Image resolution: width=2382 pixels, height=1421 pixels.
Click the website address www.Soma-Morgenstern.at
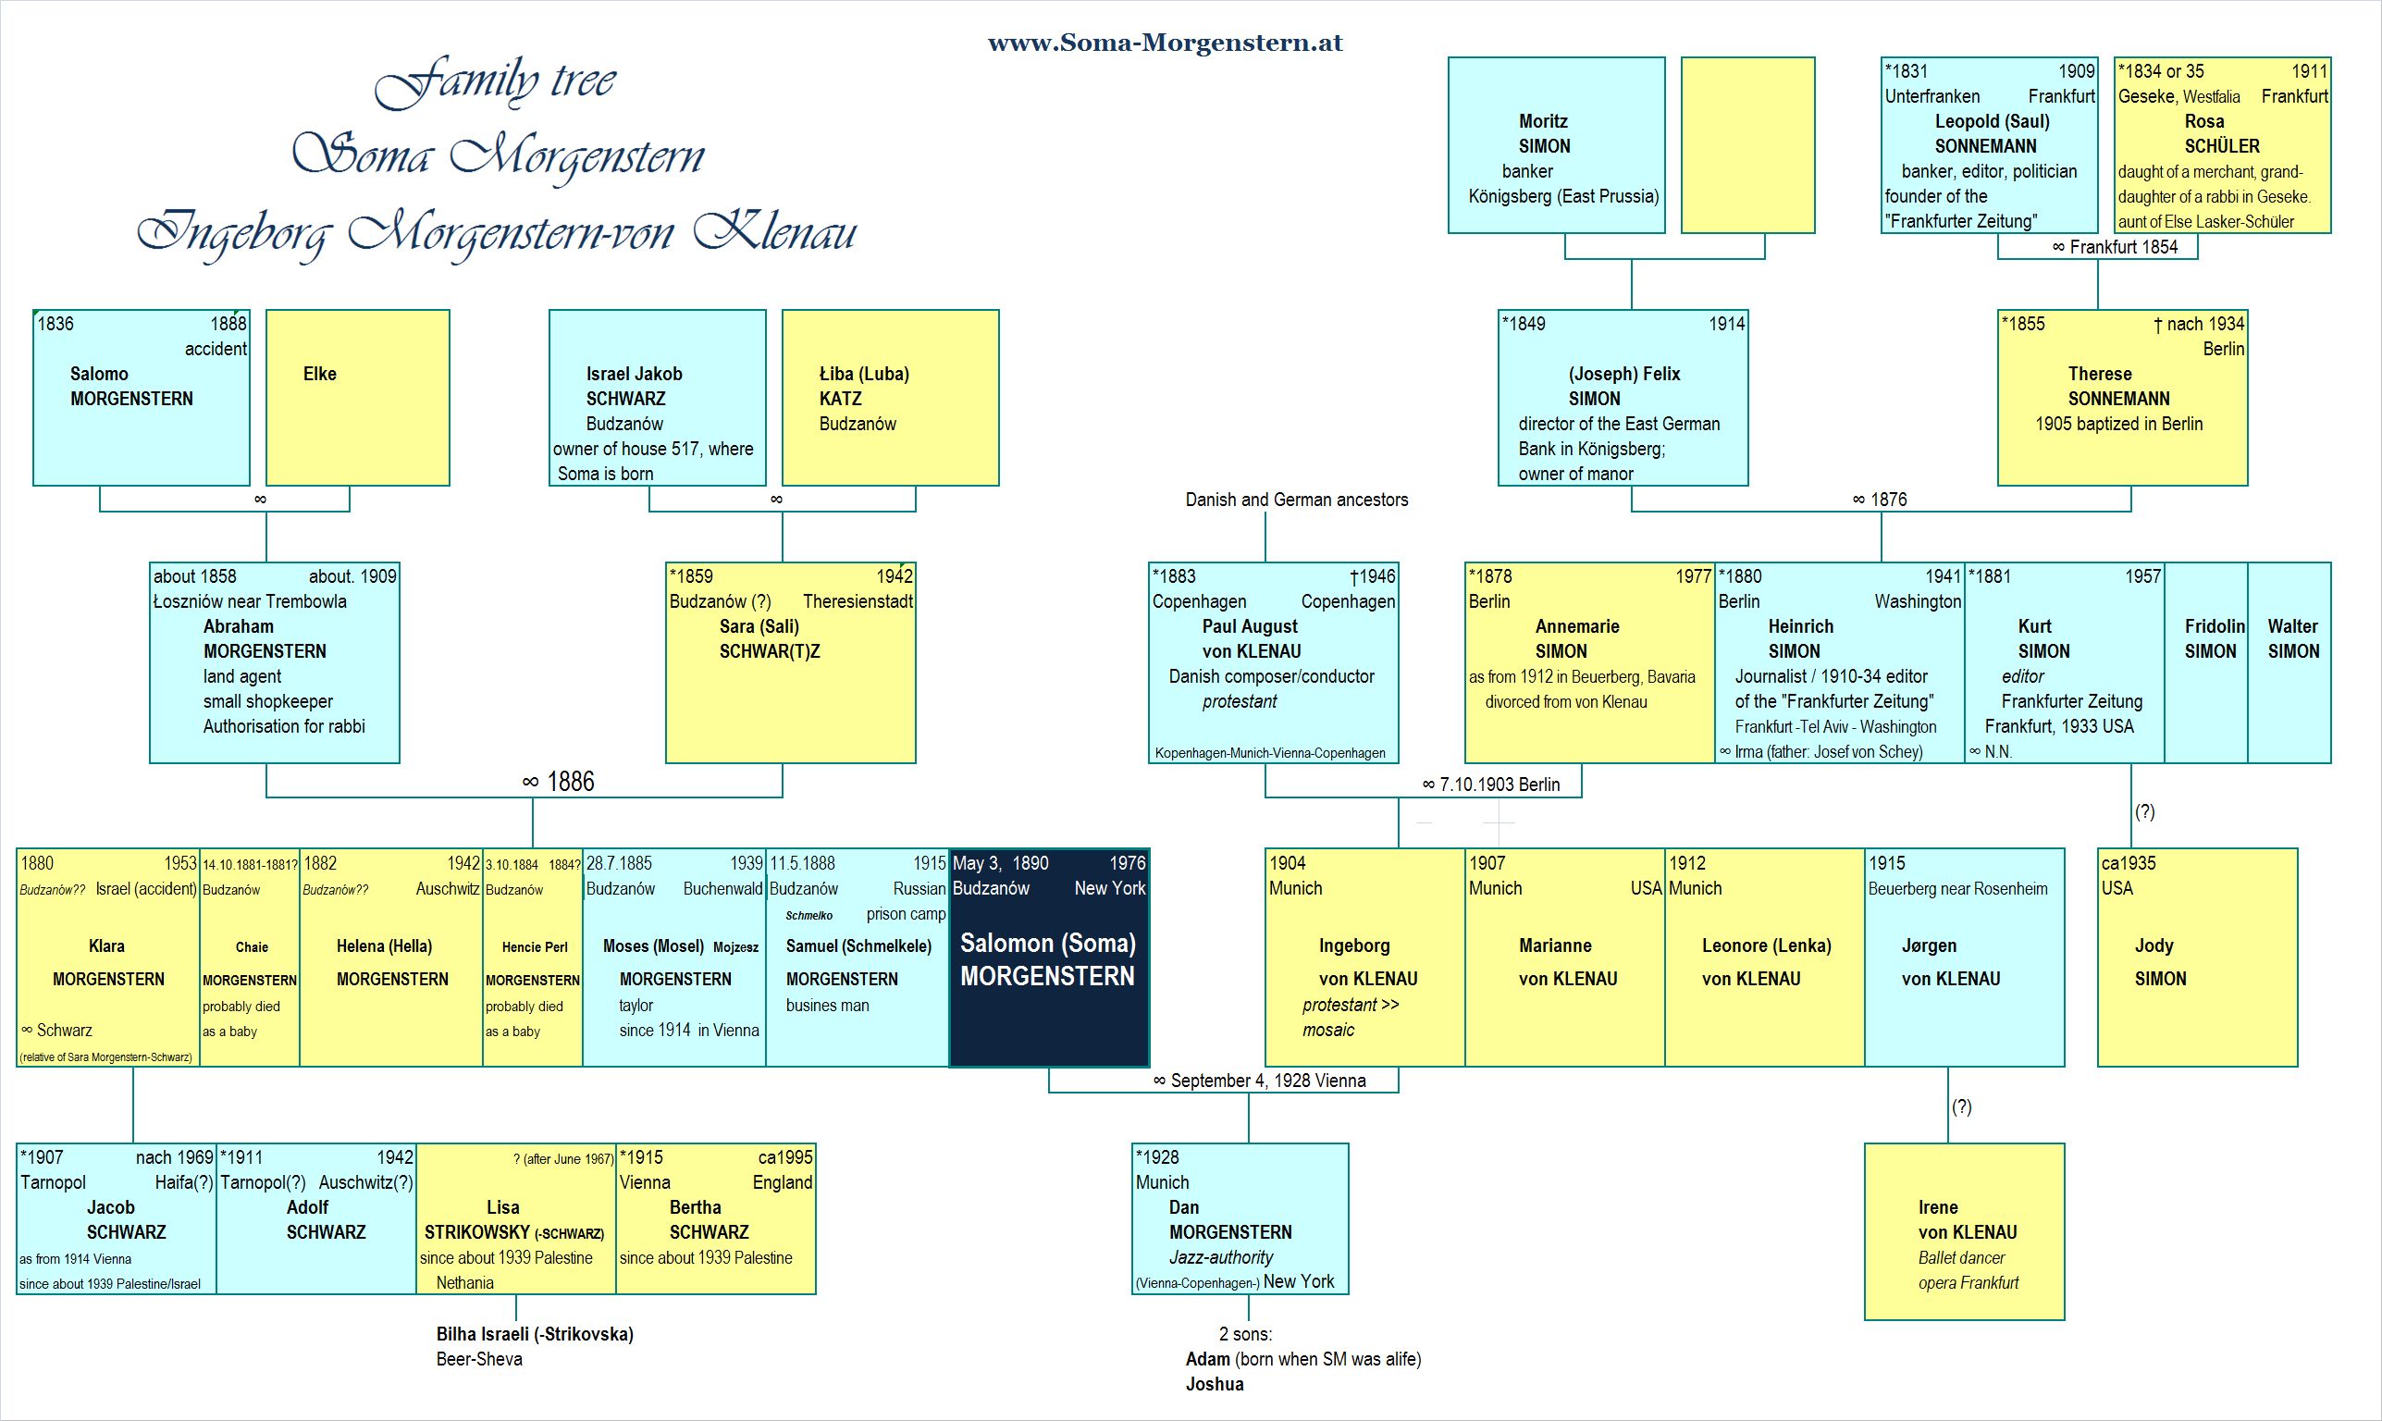pyautogui.click(x=1166, y=43)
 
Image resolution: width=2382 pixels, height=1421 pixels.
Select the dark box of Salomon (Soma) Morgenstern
pyautogui.click(x=1049, y=958)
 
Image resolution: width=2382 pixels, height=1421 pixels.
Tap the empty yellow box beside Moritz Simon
pyautogui.click(x=1748, y=145)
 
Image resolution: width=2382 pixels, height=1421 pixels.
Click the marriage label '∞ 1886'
pyautogui.click(x=559, y=782)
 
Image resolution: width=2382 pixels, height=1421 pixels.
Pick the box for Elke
pyautogui.click(x=358, y=398)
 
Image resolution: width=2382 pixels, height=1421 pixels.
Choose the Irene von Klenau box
pyautogui.click(x=1965, y=1231)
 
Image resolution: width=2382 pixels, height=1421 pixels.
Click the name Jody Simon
pyautogui.click(x=2160, y=961)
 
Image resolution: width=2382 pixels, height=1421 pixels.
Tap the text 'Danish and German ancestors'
pyautogui.click(x=1296, y=499)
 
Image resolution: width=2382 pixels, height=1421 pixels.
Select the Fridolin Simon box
pyautogui.click(x=2206, y=662)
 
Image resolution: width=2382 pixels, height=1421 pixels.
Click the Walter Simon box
pyautogui.click(x=2289, y=662)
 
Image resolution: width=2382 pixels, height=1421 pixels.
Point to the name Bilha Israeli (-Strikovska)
pyautogui.click(x=535, y=1334)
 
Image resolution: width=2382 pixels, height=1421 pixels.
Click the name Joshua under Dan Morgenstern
pyautogui.click(x=1214, y=1384)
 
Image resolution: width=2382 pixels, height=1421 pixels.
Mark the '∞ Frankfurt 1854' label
pyautogui.click(x=2115, y=247)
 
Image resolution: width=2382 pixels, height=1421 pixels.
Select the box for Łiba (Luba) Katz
pyautogui.click(x=891, y=398)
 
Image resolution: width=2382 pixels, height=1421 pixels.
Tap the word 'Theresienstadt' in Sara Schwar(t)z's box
pyautogui.click(x=858, y=601)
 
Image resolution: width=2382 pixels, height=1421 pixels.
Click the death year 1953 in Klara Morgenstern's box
pyautogui.click(x=180, y=863)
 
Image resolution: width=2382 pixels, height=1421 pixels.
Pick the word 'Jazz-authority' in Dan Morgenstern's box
pyautogui.click(x=1221, y=1257)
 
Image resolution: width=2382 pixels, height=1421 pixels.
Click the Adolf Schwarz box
pyautogui.click(x=317, y=1218)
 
